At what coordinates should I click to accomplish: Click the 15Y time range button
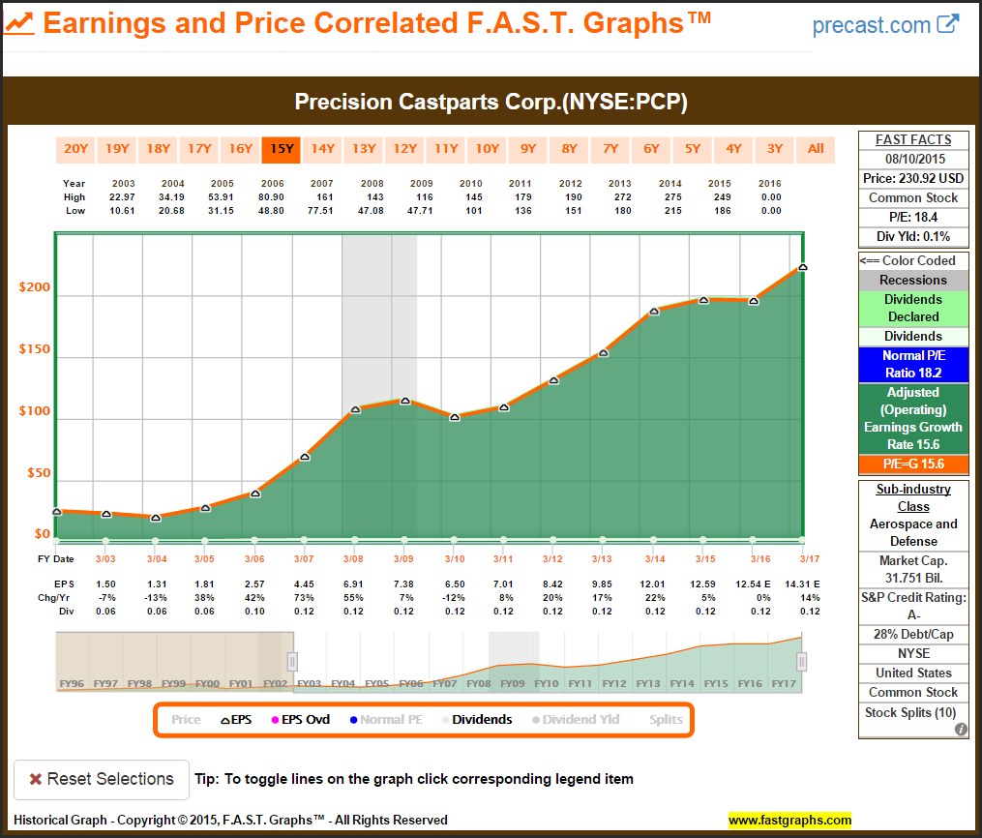282,149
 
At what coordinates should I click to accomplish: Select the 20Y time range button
75,149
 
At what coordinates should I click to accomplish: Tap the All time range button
816,149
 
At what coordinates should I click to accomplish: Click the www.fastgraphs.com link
789,821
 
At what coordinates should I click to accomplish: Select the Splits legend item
666,720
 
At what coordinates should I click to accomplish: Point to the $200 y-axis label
34,288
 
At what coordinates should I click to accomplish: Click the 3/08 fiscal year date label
354,559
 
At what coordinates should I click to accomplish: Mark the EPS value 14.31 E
802,584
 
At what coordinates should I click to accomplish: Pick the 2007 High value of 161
321,197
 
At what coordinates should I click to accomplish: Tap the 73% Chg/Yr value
305,597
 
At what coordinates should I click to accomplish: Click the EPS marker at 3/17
802,268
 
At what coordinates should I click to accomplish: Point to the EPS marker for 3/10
455,417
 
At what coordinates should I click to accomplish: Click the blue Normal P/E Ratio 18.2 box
913,364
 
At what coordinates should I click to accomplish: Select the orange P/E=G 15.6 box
913,464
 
